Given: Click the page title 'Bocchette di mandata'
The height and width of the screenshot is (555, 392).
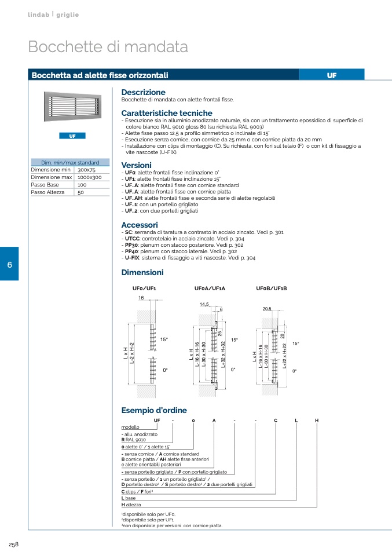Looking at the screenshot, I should (x=108, y=47).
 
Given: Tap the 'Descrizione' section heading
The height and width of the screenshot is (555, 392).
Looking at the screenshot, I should (x=143, y=92).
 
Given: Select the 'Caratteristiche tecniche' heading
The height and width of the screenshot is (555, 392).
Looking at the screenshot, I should (x=167, y=113).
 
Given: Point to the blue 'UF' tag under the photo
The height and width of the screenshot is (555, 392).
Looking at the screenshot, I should (x=72, y=136).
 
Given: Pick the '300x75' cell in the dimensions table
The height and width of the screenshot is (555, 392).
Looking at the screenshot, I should (x=86, y=170).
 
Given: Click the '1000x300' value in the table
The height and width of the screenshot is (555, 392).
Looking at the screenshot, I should (x=89, y=177).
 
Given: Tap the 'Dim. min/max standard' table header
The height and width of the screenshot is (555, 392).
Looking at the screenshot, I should (x=70, y=163).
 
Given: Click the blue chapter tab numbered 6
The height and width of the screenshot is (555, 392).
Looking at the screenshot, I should (x=9, y=264).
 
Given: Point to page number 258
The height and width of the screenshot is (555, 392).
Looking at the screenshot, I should (x=14, y=544).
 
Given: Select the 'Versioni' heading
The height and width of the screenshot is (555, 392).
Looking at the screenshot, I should (x=136, y=165).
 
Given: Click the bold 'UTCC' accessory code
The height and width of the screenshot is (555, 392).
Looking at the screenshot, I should (x=132, y=239).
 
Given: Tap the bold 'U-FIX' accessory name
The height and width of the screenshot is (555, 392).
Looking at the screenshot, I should (x=133, y=258).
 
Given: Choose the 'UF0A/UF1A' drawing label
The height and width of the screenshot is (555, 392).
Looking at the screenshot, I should (x=210, y=288).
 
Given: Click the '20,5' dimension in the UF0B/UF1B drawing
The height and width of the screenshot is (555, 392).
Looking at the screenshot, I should (x=267, y=309).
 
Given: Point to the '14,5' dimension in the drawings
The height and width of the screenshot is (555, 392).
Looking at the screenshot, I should (x=204, y=304).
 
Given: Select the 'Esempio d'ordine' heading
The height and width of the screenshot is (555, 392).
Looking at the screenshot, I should (x=154, y=410).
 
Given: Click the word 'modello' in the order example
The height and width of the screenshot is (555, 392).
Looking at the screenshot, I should (x=130, y=426).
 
